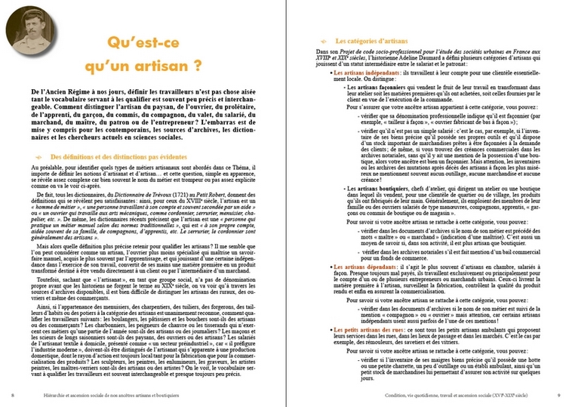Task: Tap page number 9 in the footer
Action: click(557, 394)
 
